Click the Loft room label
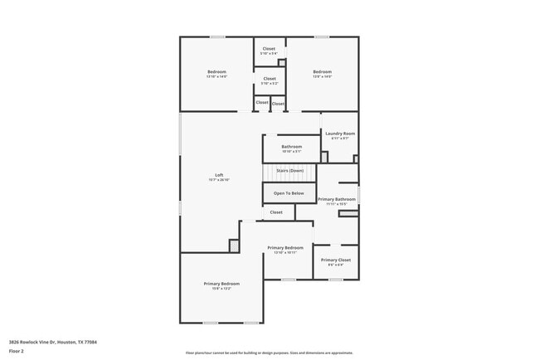point(219,174)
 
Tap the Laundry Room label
point(340,134)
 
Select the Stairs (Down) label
point(289,171)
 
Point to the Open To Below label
point(289,193)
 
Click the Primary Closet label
point(336,260)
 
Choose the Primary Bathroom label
point(337,199)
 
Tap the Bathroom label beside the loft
point(291,147)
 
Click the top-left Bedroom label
point(216,72)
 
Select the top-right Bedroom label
point(322,72)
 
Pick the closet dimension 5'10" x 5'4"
point(269,54)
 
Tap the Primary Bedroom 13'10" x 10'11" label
point(284,248)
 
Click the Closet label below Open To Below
point(276,212)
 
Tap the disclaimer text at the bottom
point(269,353)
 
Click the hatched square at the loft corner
point(234,246)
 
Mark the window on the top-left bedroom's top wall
point(216,36)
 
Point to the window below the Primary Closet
point(336,280)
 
